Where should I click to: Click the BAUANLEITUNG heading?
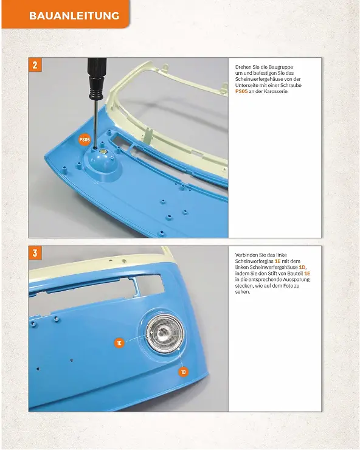74,15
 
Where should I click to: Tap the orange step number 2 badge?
35,65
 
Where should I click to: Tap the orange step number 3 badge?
35,253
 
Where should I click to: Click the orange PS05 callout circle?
85,140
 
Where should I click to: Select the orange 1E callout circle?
119,342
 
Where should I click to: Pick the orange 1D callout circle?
184,372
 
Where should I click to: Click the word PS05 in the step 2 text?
241,92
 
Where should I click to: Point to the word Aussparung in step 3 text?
296,280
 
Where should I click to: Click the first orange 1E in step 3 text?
277,261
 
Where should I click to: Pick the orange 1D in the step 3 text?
302,267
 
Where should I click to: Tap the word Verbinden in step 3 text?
246,255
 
